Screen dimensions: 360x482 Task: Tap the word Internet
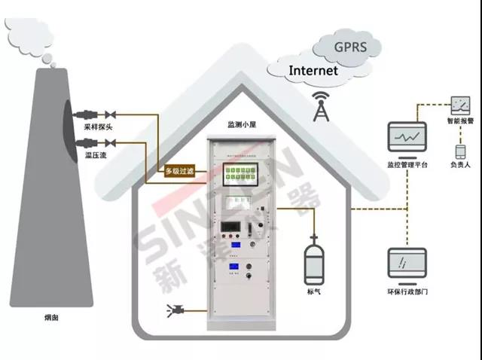[313, 72]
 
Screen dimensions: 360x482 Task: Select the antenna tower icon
[322, 108]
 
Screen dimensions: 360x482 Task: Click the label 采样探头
[98, 128]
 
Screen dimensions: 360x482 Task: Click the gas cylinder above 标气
[313, 260]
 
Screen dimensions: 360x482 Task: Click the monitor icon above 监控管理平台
[407, 138]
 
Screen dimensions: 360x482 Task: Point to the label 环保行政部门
[407, 291]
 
